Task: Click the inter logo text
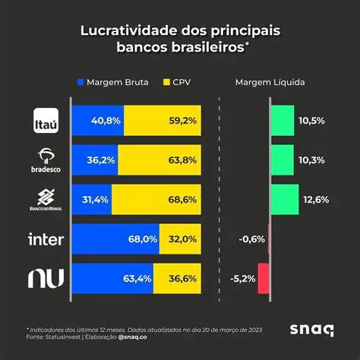[x=46, y=240]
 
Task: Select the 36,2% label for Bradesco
[x=101, y=159]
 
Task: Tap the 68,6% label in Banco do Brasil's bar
[x=183, y=199]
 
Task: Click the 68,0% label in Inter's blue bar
[x=144, y=238]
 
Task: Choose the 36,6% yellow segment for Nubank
[x=177, y=278]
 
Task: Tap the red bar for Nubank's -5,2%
[x=264, y=278]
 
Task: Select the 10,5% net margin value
[x=313, y=120]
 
